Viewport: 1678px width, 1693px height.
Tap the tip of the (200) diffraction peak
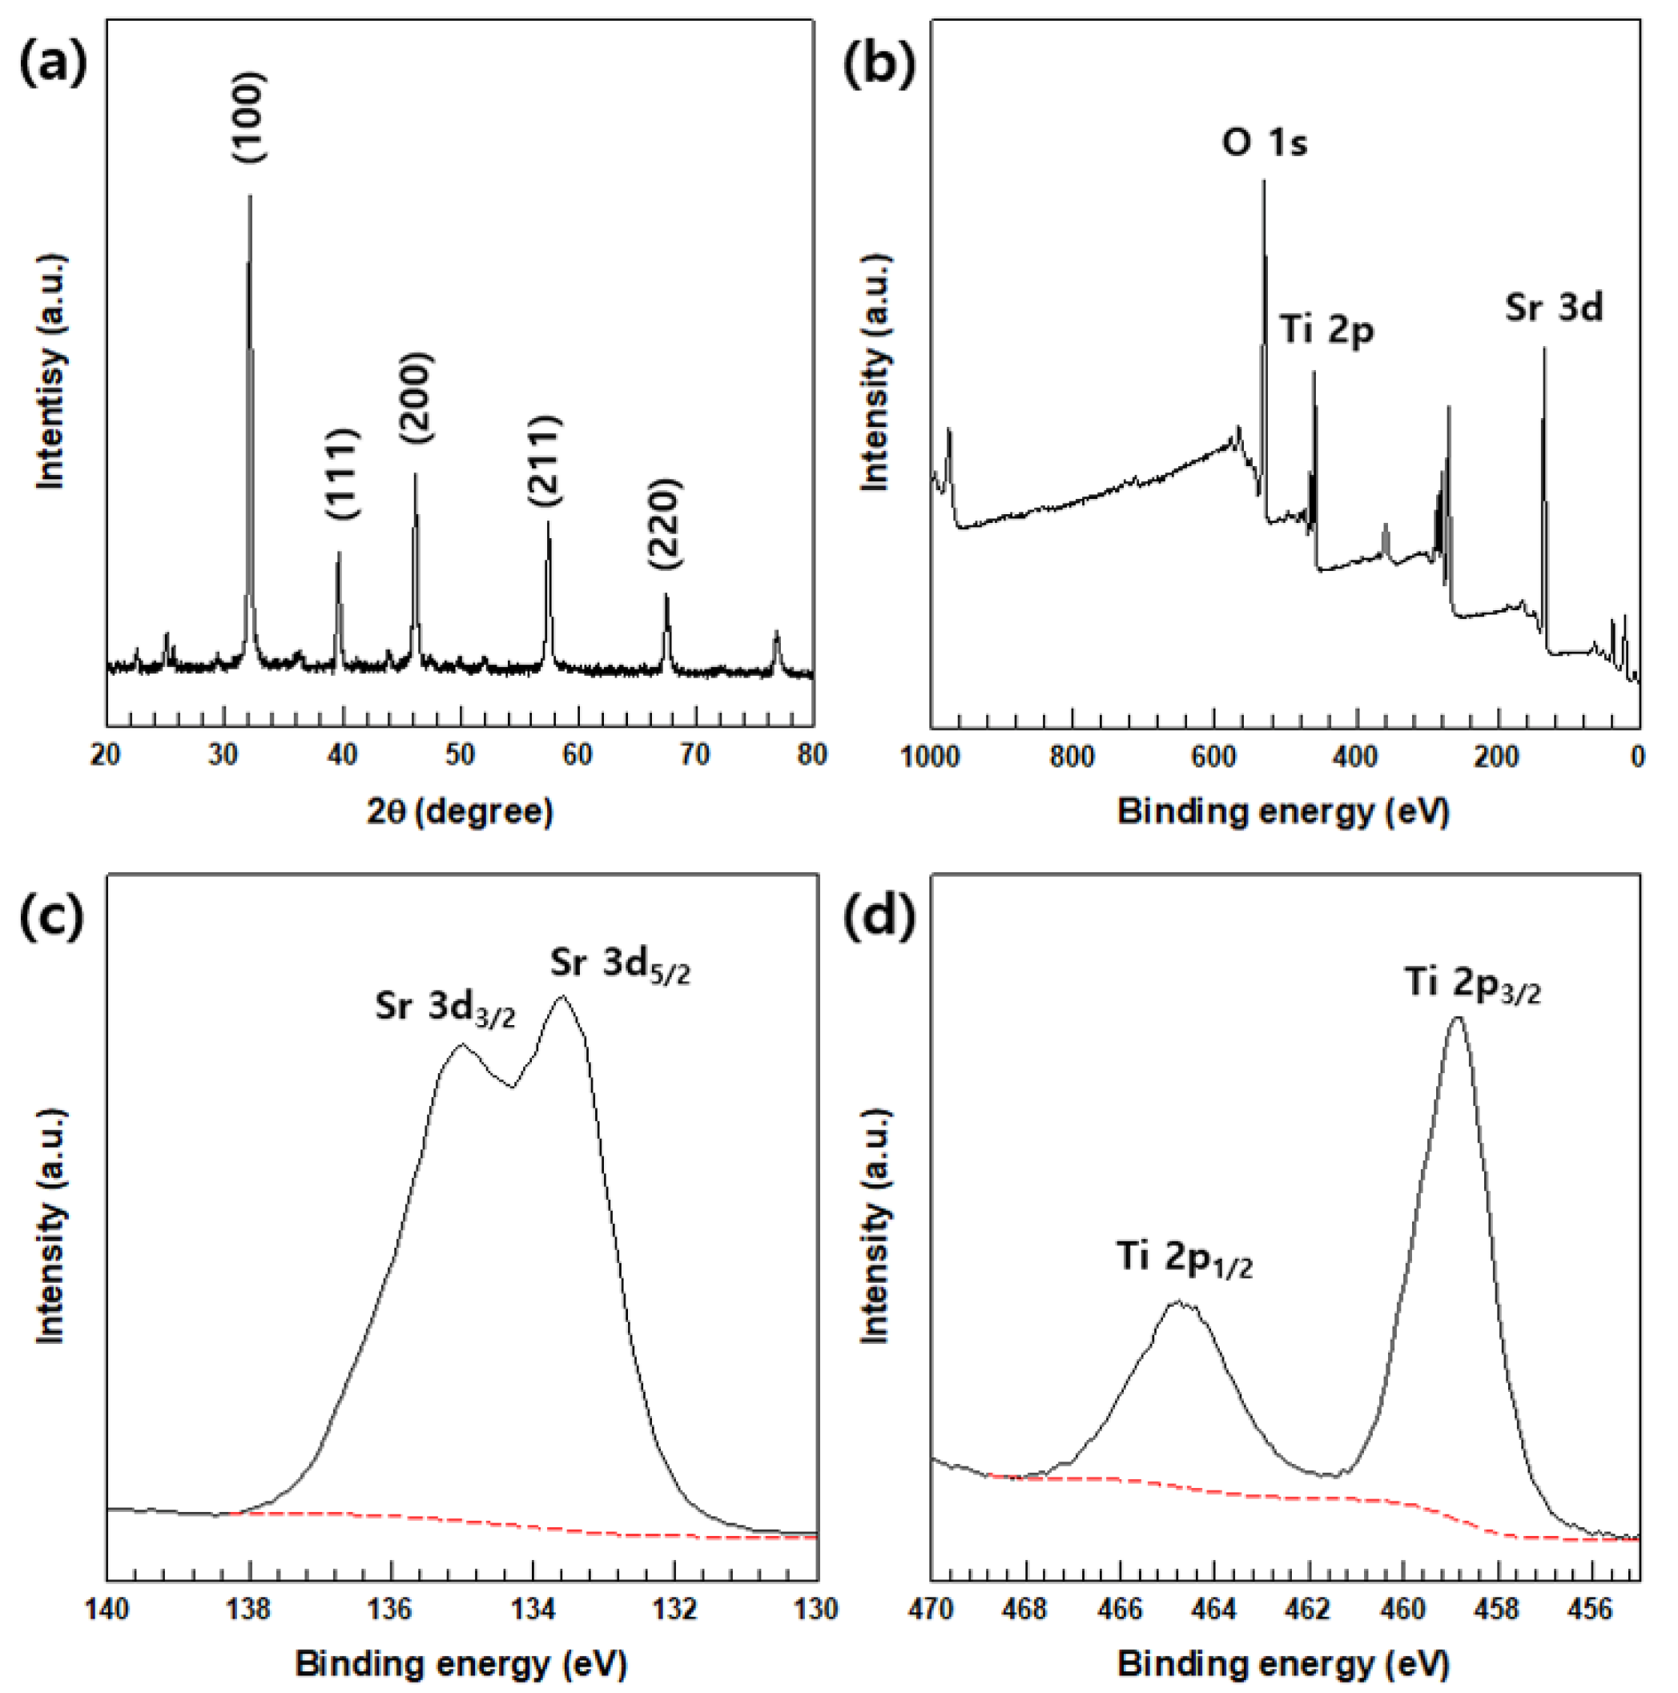(x=416, y=476)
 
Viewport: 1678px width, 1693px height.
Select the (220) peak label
(x=665, y=525)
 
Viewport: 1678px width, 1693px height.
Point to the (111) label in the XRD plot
(x=342, y=474)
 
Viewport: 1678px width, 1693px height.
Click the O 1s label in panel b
(x=1265, y=142)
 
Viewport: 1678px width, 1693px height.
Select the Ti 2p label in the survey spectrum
(x=1326, y=331)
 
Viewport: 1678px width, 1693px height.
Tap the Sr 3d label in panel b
(x=1554, y=308)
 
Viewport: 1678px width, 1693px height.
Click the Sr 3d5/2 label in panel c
(x=619, y=965)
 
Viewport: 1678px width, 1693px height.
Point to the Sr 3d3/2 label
(x=445, y=1007)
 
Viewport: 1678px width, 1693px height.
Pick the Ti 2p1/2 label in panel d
(x=1184, y=1258)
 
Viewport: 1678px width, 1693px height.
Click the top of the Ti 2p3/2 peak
(x=1457, y=1019)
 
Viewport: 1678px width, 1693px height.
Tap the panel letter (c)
(x=52, y=917)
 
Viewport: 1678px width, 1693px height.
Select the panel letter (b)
(x=879, y=66)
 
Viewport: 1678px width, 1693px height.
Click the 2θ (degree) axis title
(x=460, y=811)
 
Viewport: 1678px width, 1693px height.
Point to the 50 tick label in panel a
(x=460, y=755)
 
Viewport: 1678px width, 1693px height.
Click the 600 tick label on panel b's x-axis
(x=1213, y=756)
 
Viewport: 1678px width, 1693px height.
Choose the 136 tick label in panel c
(x=391, y=1609)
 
